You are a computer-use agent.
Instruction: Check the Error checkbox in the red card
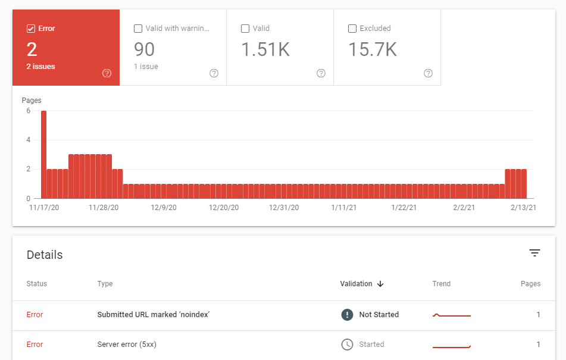coord(30,29)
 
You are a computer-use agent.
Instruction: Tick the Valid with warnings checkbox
coord(138,29)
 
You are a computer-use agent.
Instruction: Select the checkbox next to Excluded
coord(352,29)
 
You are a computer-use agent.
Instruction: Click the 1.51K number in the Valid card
coord(265,50)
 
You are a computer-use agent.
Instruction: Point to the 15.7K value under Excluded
coord(372,50)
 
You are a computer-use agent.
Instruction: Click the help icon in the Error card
coord(107,73)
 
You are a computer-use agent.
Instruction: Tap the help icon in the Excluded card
coord(428,73)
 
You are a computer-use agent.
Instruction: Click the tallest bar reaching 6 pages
coord(43,154)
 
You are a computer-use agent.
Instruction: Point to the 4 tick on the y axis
coord(27,140)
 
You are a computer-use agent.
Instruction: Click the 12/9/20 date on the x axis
coord(164,208)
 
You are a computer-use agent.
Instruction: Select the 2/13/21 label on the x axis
coord(524,208)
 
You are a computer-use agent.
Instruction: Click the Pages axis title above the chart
coord(32,101)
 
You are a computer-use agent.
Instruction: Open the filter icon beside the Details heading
coord(534,253)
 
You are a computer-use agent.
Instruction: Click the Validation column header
coord(356,284)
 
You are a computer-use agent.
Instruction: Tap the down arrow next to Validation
coord(380,284)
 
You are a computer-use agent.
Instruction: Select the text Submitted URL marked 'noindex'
coord(153,315)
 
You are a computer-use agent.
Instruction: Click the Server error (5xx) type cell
coord(127,345)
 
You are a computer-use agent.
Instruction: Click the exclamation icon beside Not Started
coord(347,315)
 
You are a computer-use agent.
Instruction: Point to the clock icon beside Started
coord(347,345)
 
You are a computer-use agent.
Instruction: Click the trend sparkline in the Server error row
coord(451,345)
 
